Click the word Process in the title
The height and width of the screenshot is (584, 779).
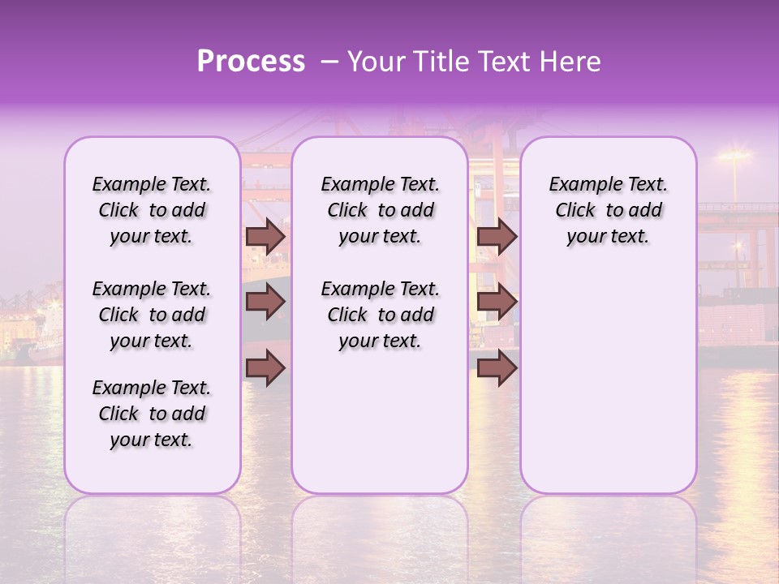[251, 62]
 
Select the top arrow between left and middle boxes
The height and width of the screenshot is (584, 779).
[265, 237]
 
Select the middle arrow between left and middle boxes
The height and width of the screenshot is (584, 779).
[265, 303]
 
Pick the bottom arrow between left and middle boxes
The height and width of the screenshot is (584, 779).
[265, 368]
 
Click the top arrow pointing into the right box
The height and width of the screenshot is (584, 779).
[497, 237]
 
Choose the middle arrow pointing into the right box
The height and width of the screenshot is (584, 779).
[497, 303]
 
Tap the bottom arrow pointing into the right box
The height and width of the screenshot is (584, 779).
[497, 368]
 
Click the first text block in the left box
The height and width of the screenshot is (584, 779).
[152, 210]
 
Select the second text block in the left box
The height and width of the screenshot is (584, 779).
[152, 315]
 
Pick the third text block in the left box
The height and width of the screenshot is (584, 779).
[152, 414]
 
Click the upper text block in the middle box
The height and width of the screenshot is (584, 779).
[380, 210]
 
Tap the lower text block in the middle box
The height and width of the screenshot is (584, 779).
[380, 315]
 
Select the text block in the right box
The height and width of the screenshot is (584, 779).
[608, 210]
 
